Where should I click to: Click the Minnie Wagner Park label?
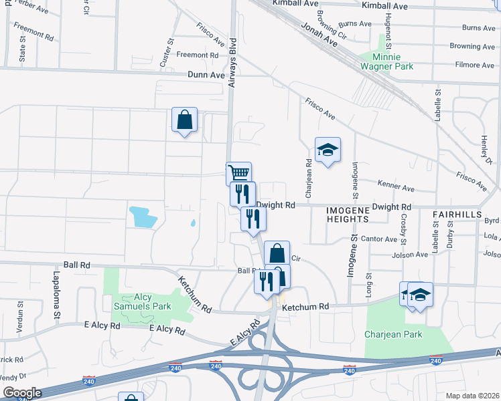pos(387,61)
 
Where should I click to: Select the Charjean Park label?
pos(393,334)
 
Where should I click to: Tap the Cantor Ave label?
pos(379,239)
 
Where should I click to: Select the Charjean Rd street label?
pos(309,178)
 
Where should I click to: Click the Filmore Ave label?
pos(474,65)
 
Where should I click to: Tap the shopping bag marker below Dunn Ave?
pos(184,120)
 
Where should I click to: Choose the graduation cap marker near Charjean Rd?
pos(328,150)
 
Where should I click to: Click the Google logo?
pos(21,393)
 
